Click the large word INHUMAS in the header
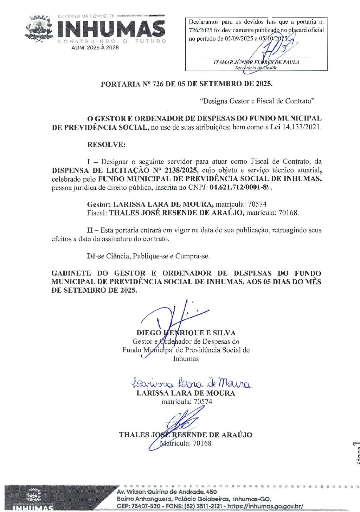[x=111, y=29]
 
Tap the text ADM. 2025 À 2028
[x=95, y=47]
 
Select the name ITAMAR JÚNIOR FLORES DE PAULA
[x=256, y=62]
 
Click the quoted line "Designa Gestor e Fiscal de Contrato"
[x=257, y=101]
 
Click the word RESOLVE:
[x=106, y=144]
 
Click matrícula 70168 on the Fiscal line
[x=288, y=213]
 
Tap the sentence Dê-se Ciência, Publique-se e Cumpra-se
[x=148, y=256]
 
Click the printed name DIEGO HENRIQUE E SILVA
[x=186, y=333]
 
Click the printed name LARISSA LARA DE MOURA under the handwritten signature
[x=186, y=393]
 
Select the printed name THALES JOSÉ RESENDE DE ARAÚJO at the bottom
[x=186, y=435]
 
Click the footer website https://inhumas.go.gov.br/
[x=265, y=506]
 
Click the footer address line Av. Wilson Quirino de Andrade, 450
[x=167, y=492]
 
